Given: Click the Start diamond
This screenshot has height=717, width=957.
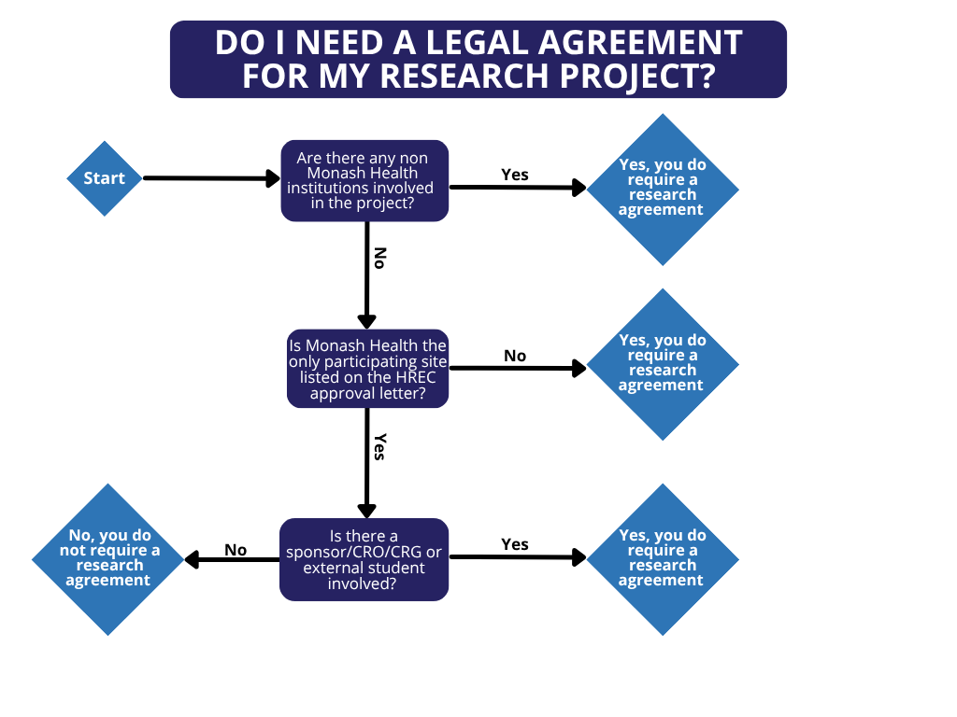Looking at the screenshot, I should pyautogui.click(x=104, y=178).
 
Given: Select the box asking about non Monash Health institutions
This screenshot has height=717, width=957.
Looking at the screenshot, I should pyautogui.click(x=364, y=180).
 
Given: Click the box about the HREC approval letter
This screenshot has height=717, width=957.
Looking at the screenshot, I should pyautogui.click(x=367, y=369).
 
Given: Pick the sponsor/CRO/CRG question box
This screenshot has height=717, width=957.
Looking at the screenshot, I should pyautogui.click(x=364, y=559).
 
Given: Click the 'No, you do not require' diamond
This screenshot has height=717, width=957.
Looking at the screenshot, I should pyautogui.click(x=109, y=558).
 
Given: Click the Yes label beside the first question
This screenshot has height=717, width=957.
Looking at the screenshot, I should pyautogui.click(x=515, y=175).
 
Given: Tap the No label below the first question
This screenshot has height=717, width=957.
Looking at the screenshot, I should pyautogui.click(x=379, y=258).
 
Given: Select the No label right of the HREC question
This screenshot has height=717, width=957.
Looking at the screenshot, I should pyautogui.click(x=515, y=356).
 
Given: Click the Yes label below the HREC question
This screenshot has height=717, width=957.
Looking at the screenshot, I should pyautogui.click(x=379, y=446).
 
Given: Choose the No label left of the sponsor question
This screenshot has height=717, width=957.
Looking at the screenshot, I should pyautogui.click(x=236, y=550).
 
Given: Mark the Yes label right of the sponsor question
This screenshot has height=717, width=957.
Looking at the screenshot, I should pyautogui.click(x=515, y=544).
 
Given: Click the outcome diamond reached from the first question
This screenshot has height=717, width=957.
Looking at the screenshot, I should pyautogui.click(x=663, y=189).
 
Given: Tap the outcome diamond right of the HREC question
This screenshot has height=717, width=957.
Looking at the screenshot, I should pyautogui.click(x=663, y=364).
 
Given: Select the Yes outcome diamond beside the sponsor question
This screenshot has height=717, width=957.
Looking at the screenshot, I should pyautogui.click(x=663, y=558).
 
